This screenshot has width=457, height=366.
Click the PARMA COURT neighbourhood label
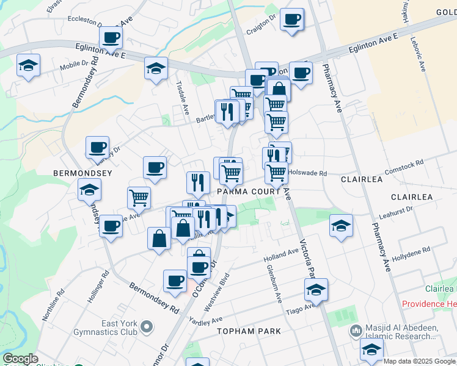(x=249, y=192)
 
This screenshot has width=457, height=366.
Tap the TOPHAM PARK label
(x=249, y=331)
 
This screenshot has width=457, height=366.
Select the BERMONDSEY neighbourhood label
(x=82, y=174)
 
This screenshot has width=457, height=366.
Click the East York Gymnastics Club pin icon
(x=146, y=328)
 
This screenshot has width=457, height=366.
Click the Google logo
(x=20, y=359)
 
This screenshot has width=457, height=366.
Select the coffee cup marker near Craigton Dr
(x=291, y=19)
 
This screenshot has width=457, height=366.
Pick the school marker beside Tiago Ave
(x=316, y=290)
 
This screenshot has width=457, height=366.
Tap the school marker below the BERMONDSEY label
(x=90, y=190)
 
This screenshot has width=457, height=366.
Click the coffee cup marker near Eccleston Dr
(x=111, y=38)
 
